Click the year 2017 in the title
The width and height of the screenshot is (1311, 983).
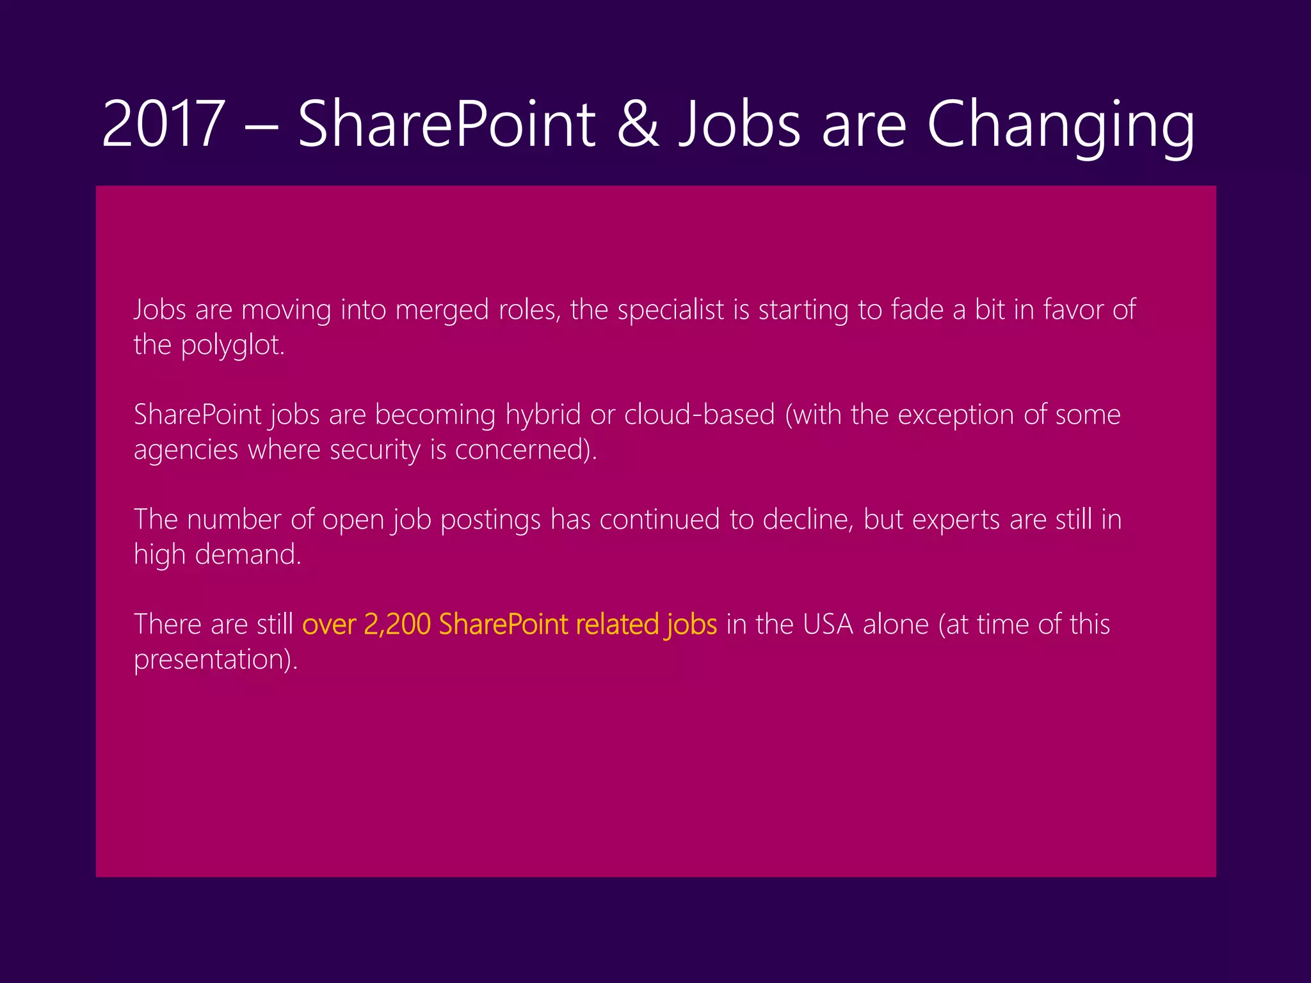click(x=163, y=124)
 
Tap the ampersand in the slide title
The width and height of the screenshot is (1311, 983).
click(x=638, y=124)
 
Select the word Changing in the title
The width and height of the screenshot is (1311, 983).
click(x=1060, y=125)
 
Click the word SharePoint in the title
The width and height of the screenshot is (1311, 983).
click(x=447, y=124)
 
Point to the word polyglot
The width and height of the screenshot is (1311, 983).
click(x=232, y=346)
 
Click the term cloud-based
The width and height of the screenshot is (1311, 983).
click(x=699, y=415)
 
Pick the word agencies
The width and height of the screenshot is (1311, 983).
click(x=186, y=451)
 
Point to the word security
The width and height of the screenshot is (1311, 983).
click(x=374, y=451)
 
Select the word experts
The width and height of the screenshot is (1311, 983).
click(x=956, y=520)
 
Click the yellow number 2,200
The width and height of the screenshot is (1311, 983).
click(x=397, y=625)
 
